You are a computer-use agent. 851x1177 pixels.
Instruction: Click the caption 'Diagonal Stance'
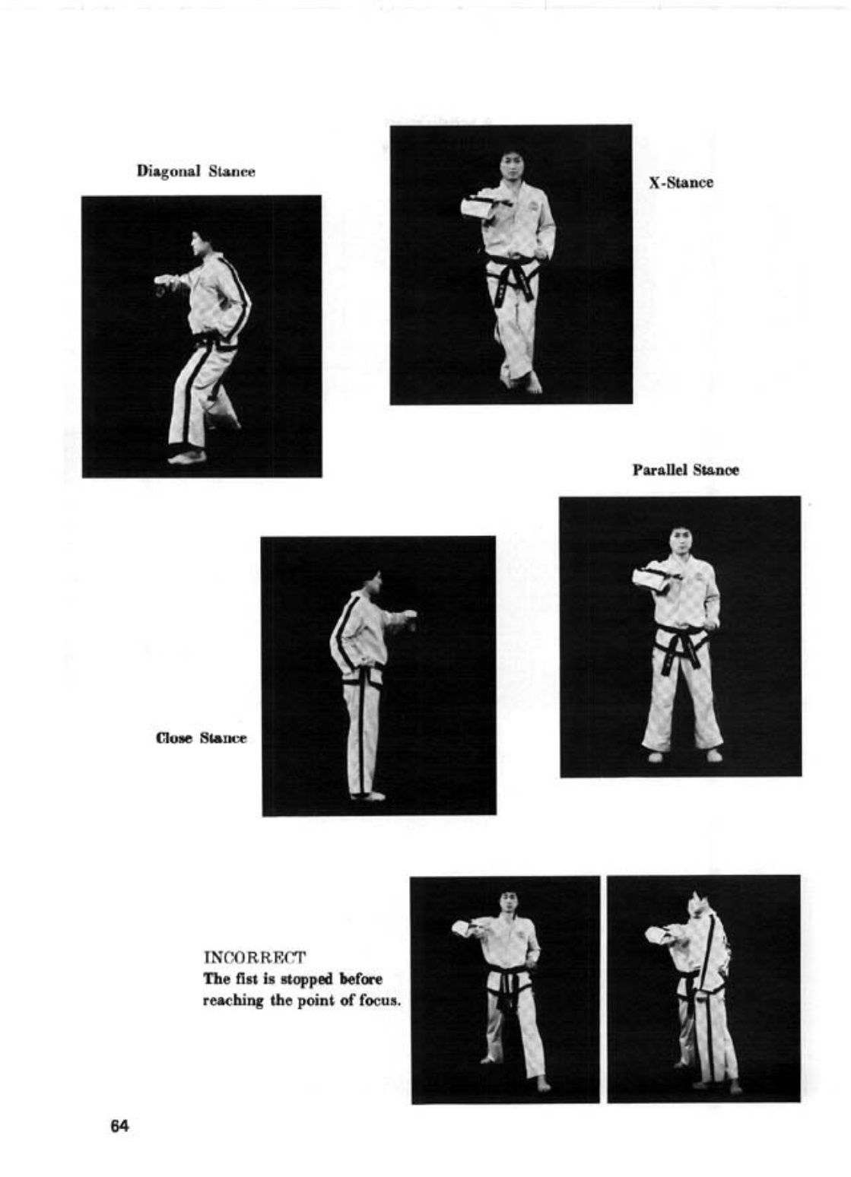tap(195, 171)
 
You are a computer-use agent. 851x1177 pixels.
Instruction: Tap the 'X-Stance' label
tap(681, 182)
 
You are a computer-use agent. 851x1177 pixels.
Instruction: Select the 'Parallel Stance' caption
tap(685, 470)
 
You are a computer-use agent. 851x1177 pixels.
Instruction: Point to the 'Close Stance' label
tap(202, 738)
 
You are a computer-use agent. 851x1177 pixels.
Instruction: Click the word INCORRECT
tap(255, 957)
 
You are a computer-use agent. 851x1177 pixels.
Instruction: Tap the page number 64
tap(119, 1126)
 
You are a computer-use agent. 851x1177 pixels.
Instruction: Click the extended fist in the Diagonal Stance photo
tap(164, 284)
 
